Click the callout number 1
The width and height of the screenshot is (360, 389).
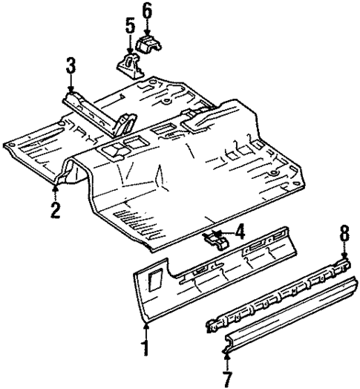point(146,347)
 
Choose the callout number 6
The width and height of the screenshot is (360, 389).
point(145,10)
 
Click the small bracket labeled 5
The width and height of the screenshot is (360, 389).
point(129,62)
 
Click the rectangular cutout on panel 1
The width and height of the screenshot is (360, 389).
point(155,279)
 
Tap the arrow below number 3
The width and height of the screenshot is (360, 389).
point(71,85)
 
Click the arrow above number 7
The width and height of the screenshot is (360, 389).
point(226,349)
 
